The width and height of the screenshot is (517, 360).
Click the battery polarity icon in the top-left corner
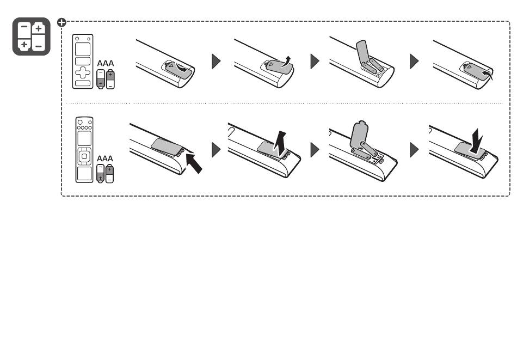coord(32,36)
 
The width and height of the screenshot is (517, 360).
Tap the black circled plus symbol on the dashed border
coord(62,22)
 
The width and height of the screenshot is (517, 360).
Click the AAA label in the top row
coord(106,63)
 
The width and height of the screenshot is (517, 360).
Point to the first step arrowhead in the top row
coord(216,61)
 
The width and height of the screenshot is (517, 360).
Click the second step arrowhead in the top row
coord(315,61)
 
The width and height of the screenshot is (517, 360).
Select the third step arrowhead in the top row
coord(414,61)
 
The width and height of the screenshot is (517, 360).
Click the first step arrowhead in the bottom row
coord(216,150)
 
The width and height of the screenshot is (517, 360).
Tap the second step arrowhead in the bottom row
coord(315,150)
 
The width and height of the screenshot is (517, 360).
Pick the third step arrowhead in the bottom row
coord(414,150)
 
